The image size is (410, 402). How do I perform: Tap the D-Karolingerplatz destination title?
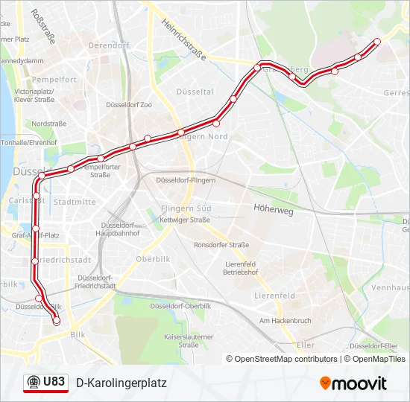click(122, 383)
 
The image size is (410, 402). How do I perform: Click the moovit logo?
click(353, 383)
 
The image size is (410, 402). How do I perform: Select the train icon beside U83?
click(34, 382)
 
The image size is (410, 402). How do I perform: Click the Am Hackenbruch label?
click(284, 321)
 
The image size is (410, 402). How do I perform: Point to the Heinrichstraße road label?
click(183, 39)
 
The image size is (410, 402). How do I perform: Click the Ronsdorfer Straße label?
click(221, 244)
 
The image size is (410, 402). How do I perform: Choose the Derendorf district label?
click(109, 45)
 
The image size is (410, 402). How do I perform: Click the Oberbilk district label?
click(154, 259)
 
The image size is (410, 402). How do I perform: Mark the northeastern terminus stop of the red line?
click(377, 42)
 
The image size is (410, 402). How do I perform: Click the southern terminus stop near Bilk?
click(56, 321)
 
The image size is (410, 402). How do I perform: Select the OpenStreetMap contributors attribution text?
click(283, 359)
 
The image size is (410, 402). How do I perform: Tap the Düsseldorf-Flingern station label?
click(186, 180)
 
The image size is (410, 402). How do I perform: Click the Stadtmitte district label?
click(75, 202)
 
